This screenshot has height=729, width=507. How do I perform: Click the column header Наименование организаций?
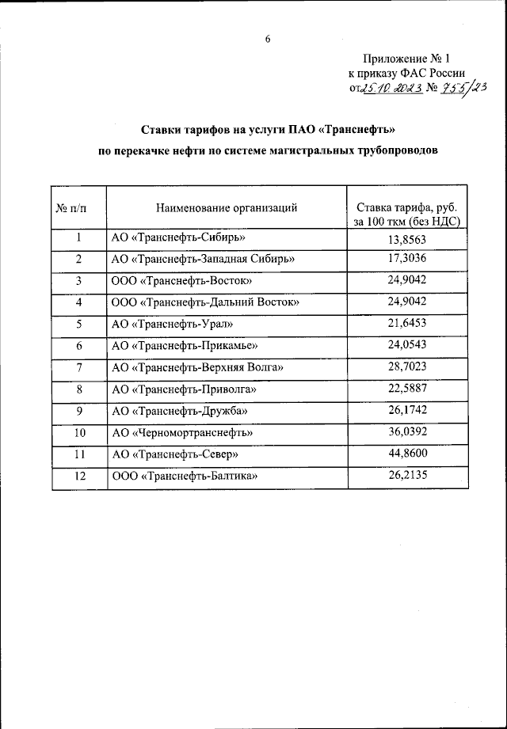click(x=227, y=208)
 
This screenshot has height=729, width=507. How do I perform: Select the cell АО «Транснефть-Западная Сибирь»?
click(x=204, y=260)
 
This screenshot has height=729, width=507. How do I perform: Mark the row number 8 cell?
click(x=79, y=389)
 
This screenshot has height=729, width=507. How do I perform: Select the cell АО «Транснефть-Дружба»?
click(x=181, y=411)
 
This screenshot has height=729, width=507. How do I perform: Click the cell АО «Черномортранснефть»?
click(x=182, y=433)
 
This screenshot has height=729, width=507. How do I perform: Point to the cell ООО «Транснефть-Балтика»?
click(x=185, y=477)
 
